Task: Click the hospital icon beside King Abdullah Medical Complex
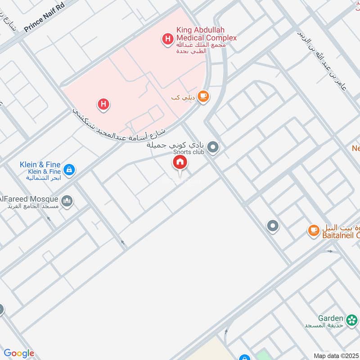pyautogui.click(x=168, y=39)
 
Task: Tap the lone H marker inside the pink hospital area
pyautogui.click(x=103, y=105)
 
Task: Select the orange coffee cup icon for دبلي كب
pyautogui.click(x=203, y=96)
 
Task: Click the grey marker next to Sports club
pyautogui.click(x=214, y=147)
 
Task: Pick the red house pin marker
pyautogui.click(x=180, y=163)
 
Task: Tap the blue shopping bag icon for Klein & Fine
pyautogui.click(x=69, y=170)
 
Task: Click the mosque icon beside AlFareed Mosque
pyautogui.click(x=67, y=200)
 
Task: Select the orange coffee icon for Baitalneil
pyautogui.click(x=313, y=230)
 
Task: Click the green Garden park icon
pyautogui.click(x=352, y=318)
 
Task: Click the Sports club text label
pyautogui.click(x=189, y=152)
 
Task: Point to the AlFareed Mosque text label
pyautogui.click(x=30, y=199)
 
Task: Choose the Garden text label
pyautogui.click(x=331, y=318)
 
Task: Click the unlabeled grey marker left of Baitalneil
pyautogui.click(x=272, y=226)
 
